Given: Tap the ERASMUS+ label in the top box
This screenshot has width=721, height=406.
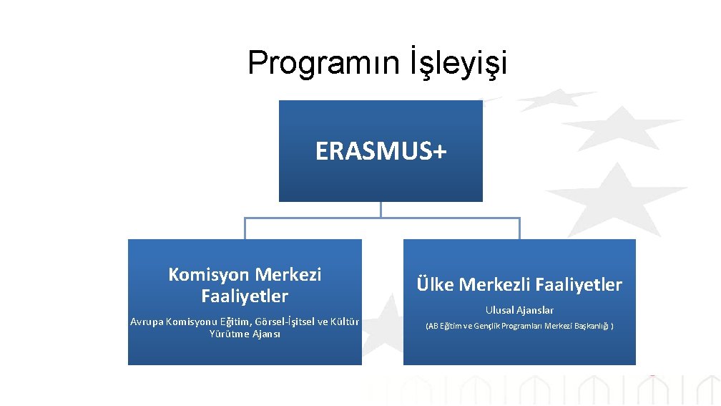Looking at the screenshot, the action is [x=381, y=152].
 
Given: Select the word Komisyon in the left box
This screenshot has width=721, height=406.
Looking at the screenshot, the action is [x=208, y=274].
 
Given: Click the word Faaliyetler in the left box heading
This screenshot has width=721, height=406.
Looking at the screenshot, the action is [x=245, y=296].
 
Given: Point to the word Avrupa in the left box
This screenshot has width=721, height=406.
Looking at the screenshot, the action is [x=147, y=322].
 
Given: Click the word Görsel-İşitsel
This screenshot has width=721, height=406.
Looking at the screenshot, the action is [x=273, y=322].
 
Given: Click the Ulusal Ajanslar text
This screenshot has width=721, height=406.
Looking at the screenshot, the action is [x=519, y=310].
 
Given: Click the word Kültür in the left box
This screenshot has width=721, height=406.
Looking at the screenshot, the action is [x=343, y=322].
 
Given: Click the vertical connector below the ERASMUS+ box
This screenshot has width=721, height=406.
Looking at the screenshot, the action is [x=381, y=209].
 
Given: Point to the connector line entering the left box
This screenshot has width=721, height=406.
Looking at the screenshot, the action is [x=245, y=228].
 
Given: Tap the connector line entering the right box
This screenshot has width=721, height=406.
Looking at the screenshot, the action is [x=519, y=228].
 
